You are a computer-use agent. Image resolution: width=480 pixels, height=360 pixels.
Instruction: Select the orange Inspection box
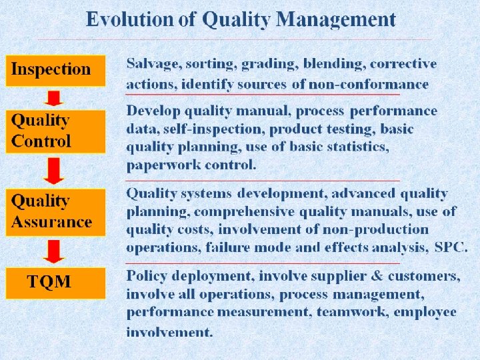point(55,70)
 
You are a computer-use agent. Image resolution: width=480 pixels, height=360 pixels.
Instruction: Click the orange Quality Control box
point(55,131)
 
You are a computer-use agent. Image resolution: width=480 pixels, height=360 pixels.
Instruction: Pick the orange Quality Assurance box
point(55,212)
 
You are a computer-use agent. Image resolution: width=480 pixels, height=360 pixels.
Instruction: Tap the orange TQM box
point(55,283)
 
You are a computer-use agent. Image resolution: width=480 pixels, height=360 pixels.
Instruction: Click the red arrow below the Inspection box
point(54,98)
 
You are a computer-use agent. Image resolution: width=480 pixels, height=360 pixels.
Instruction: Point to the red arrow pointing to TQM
point(53,251)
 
